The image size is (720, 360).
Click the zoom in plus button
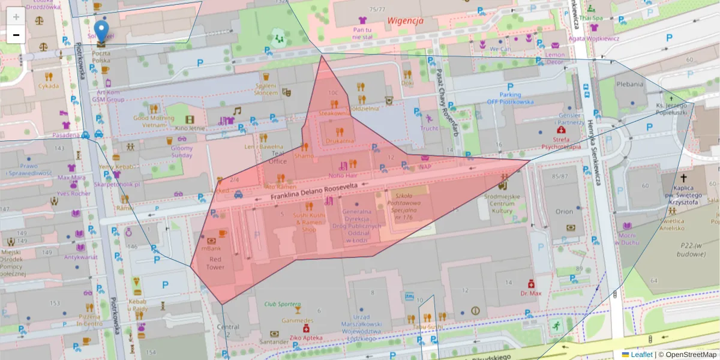(16, 16)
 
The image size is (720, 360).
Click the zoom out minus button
(16, 35)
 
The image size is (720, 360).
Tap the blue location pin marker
(102, 31)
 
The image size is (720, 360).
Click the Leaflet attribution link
(641, 355)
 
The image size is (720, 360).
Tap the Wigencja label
(405, 20)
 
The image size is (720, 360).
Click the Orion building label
(564, 212)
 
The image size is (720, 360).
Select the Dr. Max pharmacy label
(531, 293)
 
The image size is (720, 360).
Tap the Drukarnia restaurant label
(340, 140)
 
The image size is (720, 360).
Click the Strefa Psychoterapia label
(560, 142)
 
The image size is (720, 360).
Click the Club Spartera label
(282, 304)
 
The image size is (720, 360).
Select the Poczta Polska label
(101, 57)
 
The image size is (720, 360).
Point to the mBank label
(212, 248)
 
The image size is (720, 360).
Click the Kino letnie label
(190, 128)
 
